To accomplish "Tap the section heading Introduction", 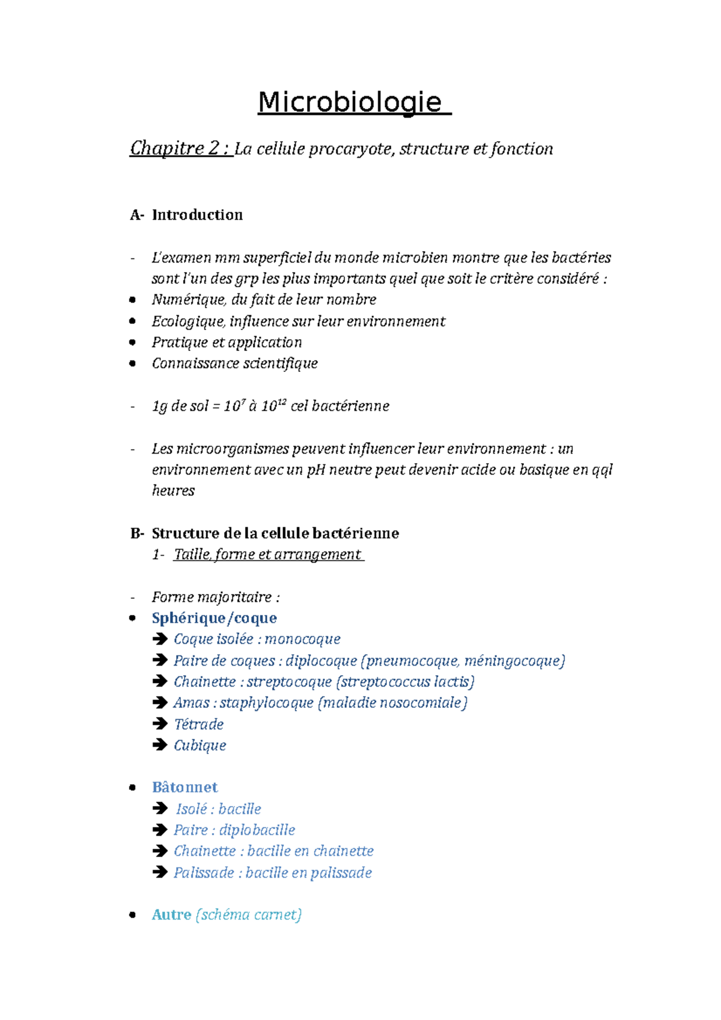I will (x=197, y=215).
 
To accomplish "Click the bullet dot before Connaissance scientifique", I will (x=133, y=363).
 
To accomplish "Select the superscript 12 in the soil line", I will (x=282, y=402).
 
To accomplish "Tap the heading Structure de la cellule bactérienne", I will (x=275, y=533).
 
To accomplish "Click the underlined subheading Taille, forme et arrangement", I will (x=267, y=554).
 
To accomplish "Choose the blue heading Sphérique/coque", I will (x=214, y=618).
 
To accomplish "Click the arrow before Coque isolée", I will (x=160, y=639).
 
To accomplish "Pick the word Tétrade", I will (x=198, y=724).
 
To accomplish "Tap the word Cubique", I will (x=199, y=745).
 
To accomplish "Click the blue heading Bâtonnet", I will (x=184, y=788).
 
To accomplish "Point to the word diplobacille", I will (x=257, y=830).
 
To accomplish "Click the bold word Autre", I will (x=171, y=915).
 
